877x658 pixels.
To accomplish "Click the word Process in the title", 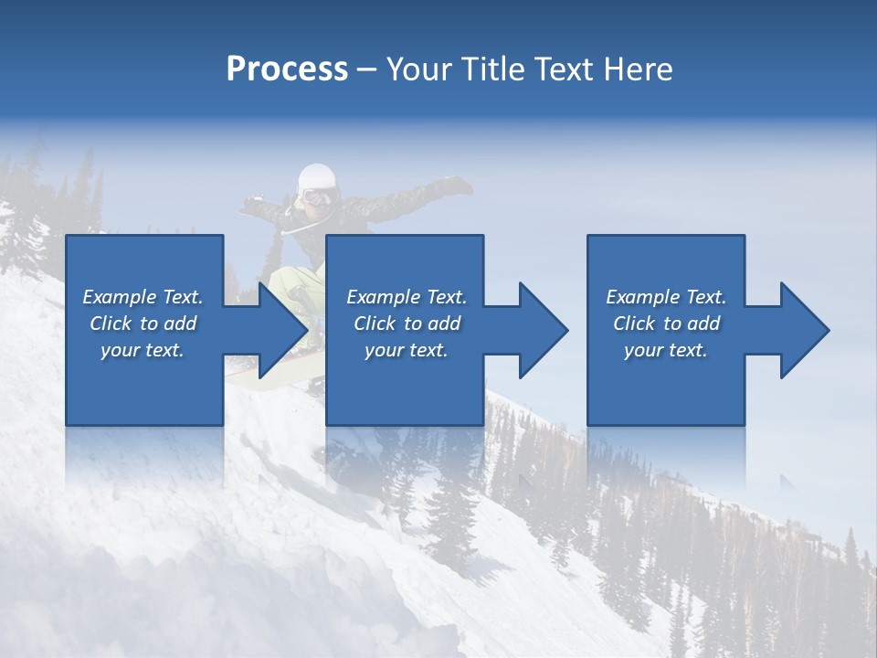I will click(x=287, y=69).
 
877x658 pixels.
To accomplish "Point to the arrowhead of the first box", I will click(x=279, y=330).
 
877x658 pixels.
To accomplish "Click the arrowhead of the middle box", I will click(x=540, y=330).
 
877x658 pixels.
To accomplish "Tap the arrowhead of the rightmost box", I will click(x=801, y=330).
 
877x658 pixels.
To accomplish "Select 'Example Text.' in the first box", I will click(x=143, y=297).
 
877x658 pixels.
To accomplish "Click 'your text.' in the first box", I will click(x=143, y=350).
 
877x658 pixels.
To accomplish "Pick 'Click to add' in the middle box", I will click(x=407, y=324).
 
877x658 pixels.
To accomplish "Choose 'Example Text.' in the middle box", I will click(x=407, y=297).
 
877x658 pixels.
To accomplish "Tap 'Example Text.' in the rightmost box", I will click(x=666, y=297).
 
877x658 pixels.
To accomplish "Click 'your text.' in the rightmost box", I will click(x=666, y=350).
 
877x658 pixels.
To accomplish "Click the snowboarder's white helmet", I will click(x=317, y=175).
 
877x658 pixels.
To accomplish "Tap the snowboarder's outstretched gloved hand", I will click(x=457, y=186).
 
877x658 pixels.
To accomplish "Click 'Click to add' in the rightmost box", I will click(x=666, y=324).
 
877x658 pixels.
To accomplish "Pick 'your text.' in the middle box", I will click(x=407, y=350).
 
